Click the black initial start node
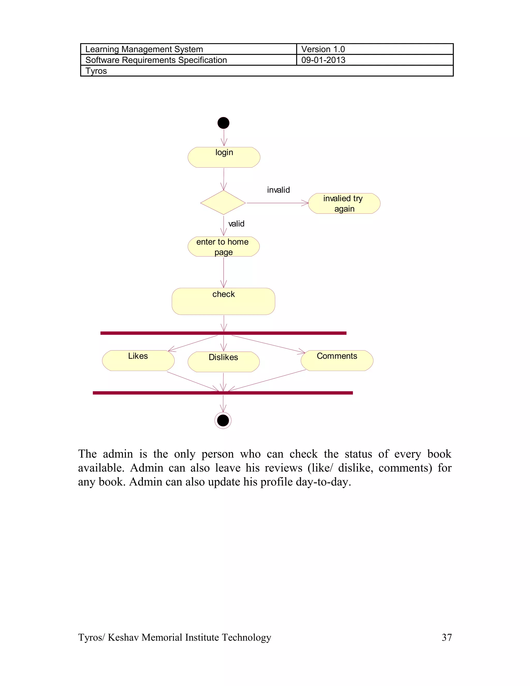point(223,123)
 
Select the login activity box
point(224,157)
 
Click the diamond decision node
point(223,203)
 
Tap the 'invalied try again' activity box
point(344,203)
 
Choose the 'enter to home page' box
point(224,246)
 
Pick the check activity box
point(223,301)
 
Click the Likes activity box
point(138,361)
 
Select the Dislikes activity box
point(224,362)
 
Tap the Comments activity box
point(337,361)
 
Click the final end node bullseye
point(223,421)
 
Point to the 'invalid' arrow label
point(278,190)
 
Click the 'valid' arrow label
point(236,224)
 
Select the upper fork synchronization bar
point(223,333)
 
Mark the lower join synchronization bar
point(223,393)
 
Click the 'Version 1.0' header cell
point(323,49)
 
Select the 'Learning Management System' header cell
point(144,49)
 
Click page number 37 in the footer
point(446,637)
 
